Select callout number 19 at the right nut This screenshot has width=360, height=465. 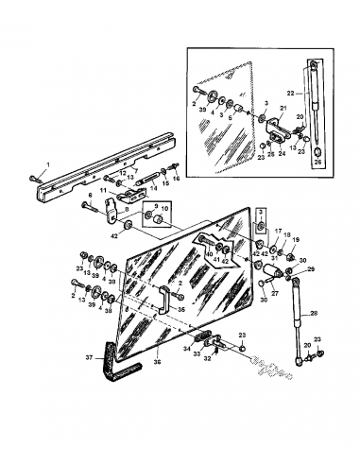(295, 242)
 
